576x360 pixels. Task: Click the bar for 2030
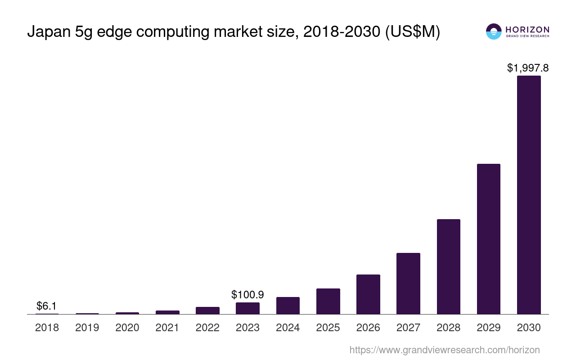click(x=529, y=195)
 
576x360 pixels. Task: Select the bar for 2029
click(x=489, y=239)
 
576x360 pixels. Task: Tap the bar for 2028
click(x=448, y=266)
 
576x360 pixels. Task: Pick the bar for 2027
click(x=408, y=283)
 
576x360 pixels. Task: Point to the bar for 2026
click(x=368, y=294)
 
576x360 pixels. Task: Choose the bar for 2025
click(x=328, y=301)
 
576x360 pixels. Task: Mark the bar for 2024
click(x=288, y=306)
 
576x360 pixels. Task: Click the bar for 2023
click(x=247, y=308)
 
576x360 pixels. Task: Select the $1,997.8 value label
click(x=528, y=68)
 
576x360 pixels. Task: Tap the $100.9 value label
click(x=247, y=295)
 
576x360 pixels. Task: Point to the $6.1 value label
click(x=47, y=306)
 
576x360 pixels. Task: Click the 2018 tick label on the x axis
click(x=47, y=328)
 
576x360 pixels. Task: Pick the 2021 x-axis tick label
click(x=167, y=328)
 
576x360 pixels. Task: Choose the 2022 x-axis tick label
click(x=207, y=328)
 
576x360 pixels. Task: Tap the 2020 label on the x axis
click(x=127, y=328)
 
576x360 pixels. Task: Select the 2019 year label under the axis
click(x=87, y=328)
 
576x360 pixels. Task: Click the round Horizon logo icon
click(x=494, y=31)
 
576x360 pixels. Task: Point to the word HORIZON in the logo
click(x=527, y=29)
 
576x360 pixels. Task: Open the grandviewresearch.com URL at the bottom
click(x=445, y=350)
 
